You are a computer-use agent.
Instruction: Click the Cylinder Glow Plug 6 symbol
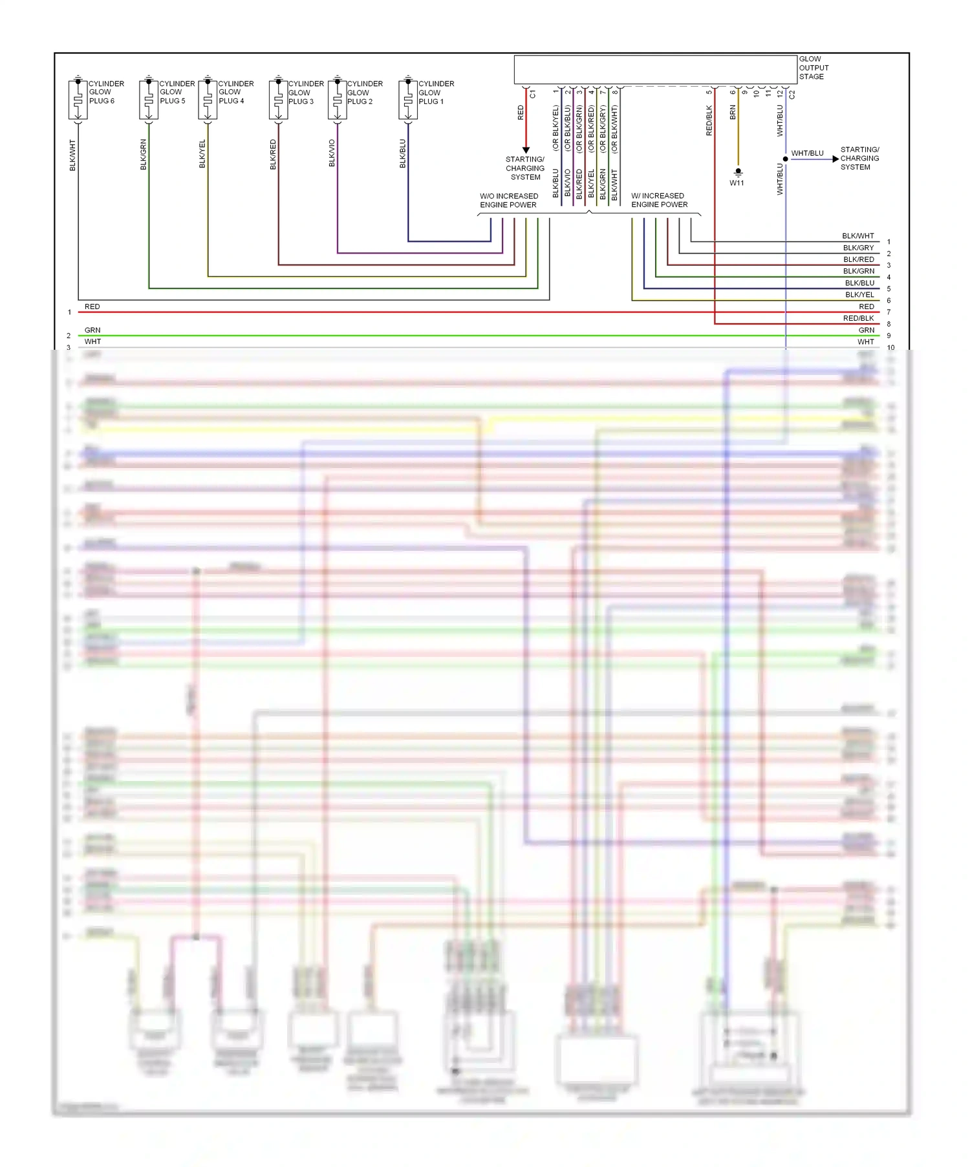tap(78, 100)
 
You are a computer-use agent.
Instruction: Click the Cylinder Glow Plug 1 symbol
tap(407, 100)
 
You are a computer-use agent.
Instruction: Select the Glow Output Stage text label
tap(813, 68)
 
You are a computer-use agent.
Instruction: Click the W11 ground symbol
tap(738, 173)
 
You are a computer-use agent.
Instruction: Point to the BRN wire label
tap(733, 112)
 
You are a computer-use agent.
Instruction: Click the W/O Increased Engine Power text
tap(508, 200)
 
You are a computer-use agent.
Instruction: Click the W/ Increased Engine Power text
tap(659, 200)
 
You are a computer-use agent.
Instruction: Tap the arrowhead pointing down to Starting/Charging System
tap(526, 150)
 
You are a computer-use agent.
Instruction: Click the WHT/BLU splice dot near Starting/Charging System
tap(786, 159)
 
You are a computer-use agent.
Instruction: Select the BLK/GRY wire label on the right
tap(858, 248)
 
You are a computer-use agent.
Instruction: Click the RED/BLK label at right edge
tap(858, 318)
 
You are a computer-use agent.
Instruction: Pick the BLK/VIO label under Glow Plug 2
tap(332, 153)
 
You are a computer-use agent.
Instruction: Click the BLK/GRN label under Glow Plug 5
tap(144, 155)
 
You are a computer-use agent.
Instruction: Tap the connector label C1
tap(533, 94)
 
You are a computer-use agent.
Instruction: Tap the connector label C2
tap(792, 94)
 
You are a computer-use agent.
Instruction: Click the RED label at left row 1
tap(92, 306)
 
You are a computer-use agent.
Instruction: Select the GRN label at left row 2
tap(92, 330)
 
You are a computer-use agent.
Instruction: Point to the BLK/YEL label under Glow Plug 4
tap(202, 154)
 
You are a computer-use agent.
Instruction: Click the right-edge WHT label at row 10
tap(865, 342)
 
